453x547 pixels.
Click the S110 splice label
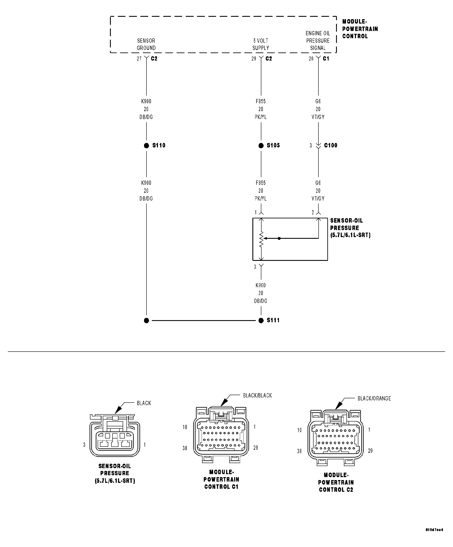[159, 145]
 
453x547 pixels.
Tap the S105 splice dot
[261, 146]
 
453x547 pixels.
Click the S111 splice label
[273, 320]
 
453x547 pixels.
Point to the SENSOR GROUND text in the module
[146, 44]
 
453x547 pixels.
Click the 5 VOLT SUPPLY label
[261, 44]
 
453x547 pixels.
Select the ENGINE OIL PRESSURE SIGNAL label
[318, 41]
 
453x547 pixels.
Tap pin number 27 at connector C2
[139, 59]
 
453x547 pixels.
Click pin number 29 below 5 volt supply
[254, 59]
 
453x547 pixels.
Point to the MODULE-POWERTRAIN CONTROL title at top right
[360, 29]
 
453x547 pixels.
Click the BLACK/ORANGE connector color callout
[374, 398]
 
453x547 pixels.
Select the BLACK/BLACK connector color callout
[257, 395]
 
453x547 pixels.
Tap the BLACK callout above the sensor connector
[144, 403]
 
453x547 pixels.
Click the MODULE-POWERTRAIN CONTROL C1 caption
[221, 479]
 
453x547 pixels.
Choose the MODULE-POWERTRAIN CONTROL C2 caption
[336, 482]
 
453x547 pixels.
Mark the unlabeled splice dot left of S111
[146, 320]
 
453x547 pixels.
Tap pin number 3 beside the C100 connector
[311, 146]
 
